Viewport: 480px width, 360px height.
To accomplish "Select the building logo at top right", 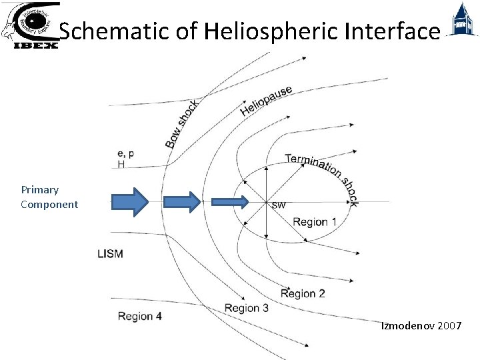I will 461,21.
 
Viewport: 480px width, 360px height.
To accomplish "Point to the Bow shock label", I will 181,124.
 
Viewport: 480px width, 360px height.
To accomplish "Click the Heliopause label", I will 265,100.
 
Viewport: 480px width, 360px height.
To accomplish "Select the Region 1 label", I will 315,222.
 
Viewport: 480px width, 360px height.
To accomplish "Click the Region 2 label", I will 303,293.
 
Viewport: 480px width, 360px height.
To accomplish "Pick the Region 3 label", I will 247,308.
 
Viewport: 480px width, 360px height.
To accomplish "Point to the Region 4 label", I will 139,316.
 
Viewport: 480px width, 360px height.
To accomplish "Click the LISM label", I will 111,253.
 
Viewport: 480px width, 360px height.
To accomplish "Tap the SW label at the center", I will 278,205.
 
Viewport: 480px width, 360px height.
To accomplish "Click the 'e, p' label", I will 125,153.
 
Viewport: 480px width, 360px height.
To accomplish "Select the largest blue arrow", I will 130,201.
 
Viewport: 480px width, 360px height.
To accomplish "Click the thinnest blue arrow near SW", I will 230,201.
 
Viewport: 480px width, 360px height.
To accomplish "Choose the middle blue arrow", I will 182,201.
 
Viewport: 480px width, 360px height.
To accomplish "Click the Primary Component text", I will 49,197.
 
